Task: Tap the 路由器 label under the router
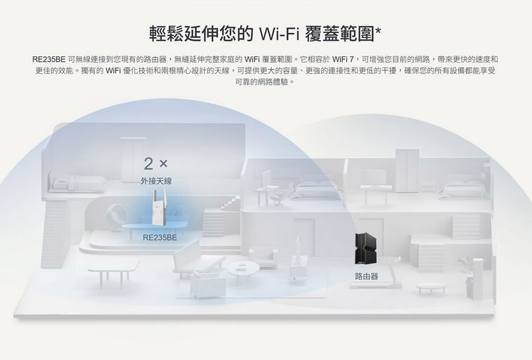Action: point(366,276)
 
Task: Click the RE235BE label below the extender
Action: point(160,238)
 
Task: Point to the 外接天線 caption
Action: point(156,181)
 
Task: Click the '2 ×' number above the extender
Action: point(155,164)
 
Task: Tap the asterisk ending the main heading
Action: point(378,32)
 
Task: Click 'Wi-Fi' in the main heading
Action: point(280,34)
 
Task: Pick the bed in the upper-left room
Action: point(77,183)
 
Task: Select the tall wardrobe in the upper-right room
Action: point(406,171)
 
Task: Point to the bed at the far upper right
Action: point(462,188)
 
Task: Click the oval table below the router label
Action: point(430,288)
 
